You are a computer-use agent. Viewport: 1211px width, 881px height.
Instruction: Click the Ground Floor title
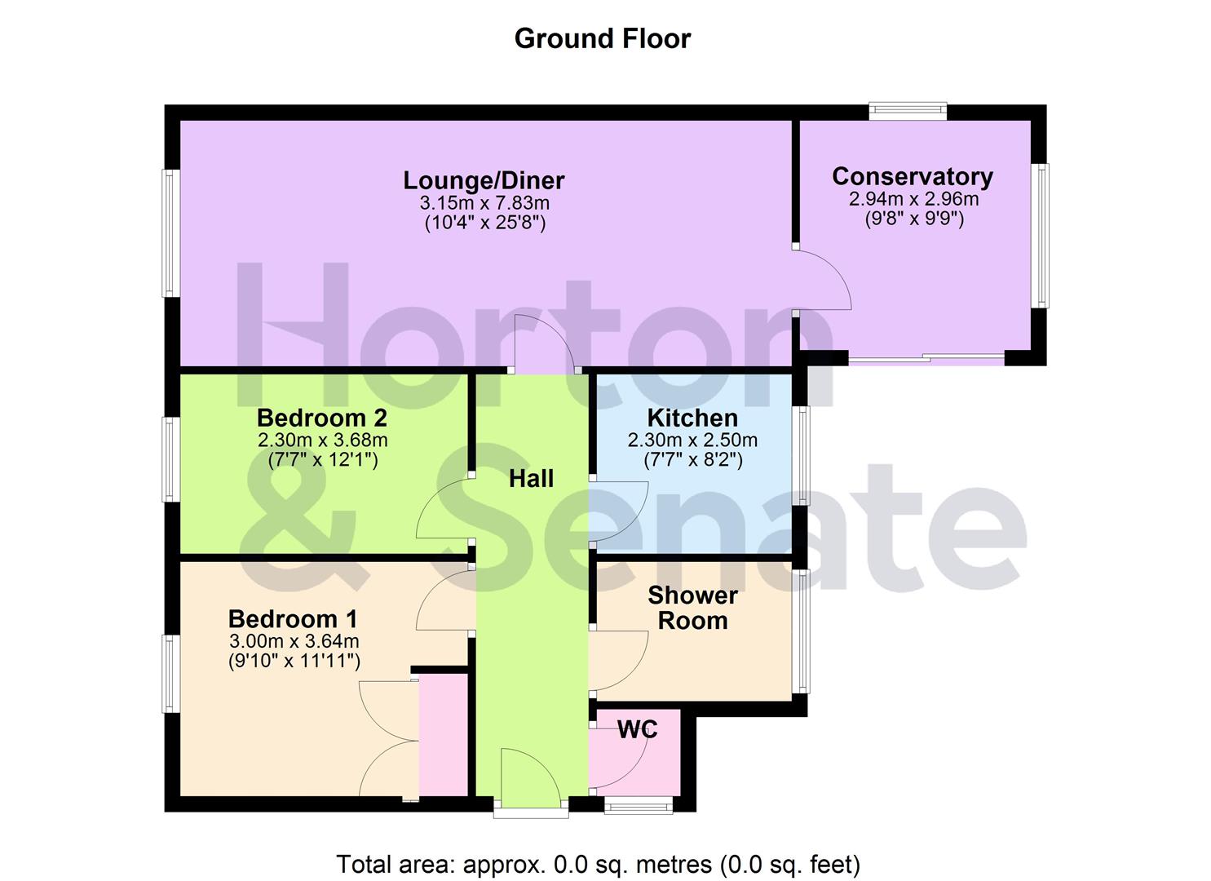(x=602, y=38)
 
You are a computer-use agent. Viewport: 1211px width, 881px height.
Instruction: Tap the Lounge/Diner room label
(x=484, y=179)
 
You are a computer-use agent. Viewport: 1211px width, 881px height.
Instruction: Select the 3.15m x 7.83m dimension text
(x=484, y=201)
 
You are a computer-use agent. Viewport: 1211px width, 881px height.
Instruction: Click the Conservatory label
(x=912, y=176)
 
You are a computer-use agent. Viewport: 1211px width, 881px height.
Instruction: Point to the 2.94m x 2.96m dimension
(x=913, y=198)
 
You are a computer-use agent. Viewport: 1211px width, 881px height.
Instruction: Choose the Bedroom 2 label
(x=321, y=418)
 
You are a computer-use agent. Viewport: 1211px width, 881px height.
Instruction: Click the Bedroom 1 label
(x=292, y=618)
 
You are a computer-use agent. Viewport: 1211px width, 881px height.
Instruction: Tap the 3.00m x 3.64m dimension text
(x=294, y=640)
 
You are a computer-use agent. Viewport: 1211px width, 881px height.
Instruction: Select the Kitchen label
(x=692, y=418)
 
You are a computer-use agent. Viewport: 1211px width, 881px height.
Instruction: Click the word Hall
(x=531, y=478)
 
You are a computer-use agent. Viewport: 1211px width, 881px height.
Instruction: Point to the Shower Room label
(x=692, y=608)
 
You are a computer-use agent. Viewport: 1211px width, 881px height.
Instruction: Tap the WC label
(x=637, y=729)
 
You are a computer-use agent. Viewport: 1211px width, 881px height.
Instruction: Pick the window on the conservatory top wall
(x=907, y=112)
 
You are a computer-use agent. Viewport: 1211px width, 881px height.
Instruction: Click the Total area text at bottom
(x=598, y=863)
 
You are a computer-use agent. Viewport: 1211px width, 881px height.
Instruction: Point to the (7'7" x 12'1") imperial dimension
(x=322, y=460)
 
